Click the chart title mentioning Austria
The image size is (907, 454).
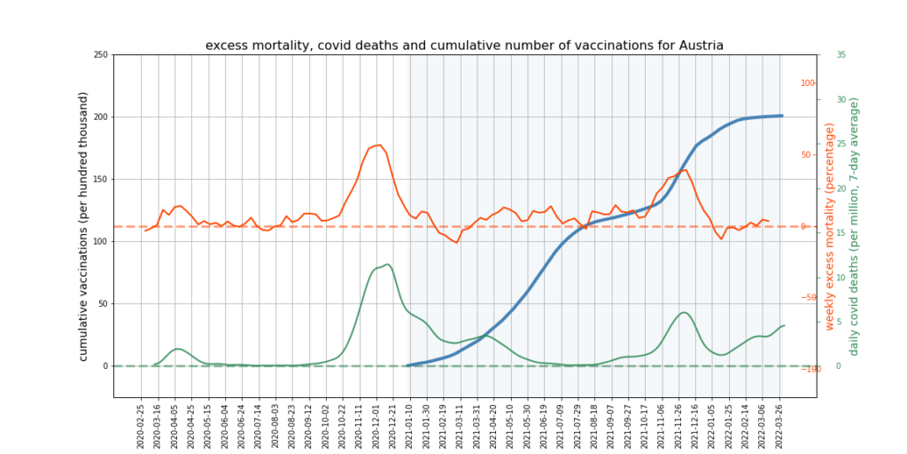coord(464,45)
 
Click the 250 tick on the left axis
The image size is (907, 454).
coord(100,55)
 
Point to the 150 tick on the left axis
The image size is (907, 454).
coord(100,179)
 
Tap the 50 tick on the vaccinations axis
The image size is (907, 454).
coord(103,303)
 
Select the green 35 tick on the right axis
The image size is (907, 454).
coord(841,55)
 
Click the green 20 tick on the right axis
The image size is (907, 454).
coord(841,188)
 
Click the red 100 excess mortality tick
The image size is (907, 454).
coord(808,83)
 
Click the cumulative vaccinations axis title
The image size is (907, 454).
coord(83,226)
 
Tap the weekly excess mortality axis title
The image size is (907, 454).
coord(830,226)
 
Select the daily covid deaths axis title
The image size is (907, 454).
coord(855,226)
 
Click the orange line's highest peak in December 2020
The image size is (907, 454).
coord(378,145)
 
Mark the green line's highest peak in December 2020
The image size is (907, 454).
coord(387,264)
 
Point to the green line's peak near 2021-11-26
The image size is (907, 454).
coord(684,312)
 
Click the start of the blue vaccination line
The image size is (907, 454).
coord(408,365)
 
